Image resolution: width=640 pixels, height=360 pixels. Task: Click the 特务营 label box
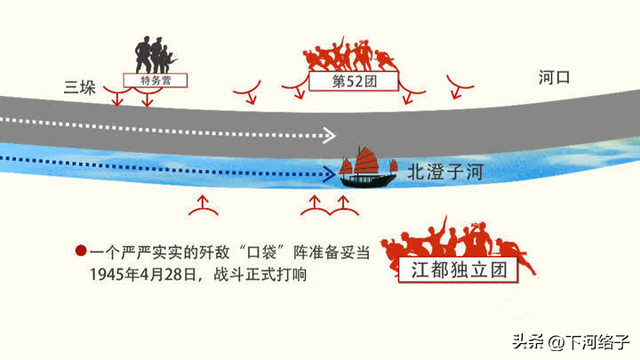coord(156,78)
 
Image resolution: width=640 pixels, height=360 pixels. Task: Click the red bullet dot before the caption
coord(79,250)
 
